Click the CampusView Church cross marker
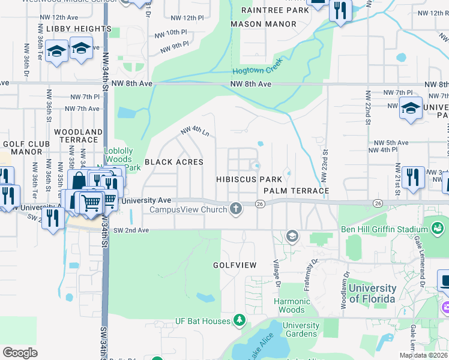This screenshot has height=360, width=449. coord(237,209)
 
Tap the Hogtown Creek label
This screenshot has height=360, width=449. coord(266,70)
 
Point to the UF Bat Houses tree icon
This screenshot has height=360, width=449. coord(240,320)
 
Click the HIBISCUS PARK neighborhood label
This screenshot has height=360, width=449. coord(249,179)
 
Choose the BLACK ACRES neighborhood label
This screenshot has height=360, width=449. coord(174,162)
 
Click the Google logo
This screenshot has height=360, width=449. coord(20,352)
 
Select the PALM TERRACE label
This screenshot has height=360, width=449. coord(297,191)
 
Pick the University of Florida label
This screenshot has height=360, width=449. coord(372,294)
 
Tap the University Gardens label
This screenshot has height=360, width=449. coord(301,329)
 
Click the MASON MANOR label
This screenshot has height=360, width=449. coord(264,24)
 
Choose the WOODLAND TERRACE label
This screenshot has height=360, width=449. coord(78,135)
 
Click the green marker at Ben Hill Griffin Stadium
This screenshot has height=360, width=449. coord(438,228)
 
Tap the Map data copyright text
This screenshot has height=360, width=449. coord(424,355)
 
